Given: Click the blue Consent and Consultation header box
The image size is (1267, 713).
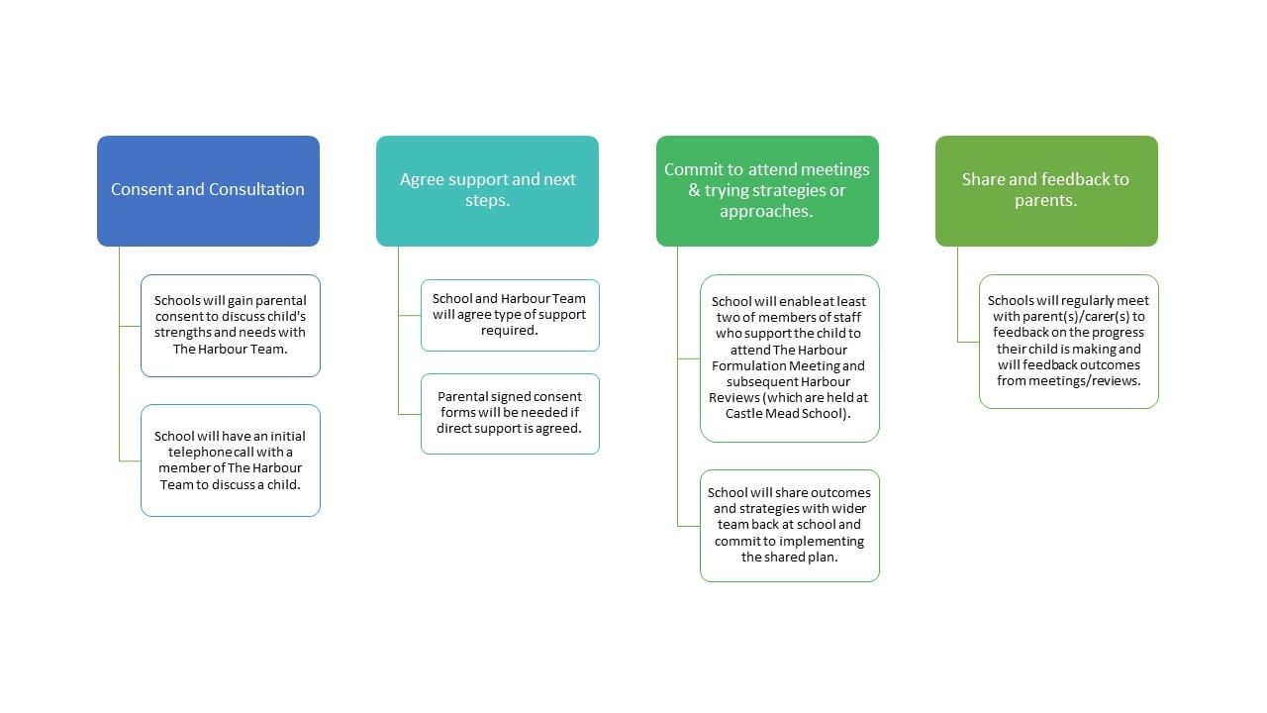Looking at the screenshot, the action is click(x=208, y=191).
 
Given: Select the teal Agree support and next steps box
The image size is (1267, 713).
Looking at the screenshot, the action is click(x=487, y=191).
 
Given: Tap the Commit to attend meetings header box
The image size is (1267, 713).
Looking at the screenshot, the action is click(x=767, y=191).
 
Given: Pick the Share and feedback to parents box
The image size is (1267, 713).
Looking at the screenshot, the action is click(x=1046, y=191).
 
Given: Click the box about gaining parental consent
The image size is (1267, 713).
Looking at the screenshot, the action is click(x=231, y=326).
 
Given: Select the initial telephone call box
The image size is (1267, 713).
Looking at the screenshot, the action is click(x=231, y=460).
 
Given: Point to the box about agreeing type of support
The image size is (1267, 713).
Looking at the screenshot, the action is click(x=510, y=315).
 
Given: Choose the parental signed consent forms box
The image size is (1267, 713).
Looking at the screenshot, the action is click(x=510, y=414).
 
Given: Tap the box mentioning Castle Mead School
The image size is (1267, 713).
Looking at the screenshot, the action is click(x=790, y=358).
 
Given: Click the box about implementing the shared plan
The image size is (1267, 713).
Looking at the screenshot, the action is click(x=790, y=526).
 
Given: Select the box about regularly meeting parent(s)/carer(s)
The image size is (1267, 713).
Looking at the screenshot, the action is click(x=1069, y=342).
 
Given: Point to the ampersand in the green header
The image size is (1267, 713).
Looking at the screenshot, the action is click(x=694, y=190).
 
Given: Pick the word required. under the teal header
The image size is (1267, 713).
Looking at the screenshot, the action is click(x=509, y=331).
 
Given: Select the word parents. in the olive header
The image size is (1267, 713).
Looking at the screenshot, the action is click(x=1046, y=200).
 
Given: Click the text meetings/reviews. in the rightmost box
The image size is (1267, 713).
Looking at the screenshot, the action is click(x=1096, y=381).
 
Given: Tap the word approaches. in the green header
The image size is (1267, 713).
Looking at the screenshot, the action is click(x=766, y=211).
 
